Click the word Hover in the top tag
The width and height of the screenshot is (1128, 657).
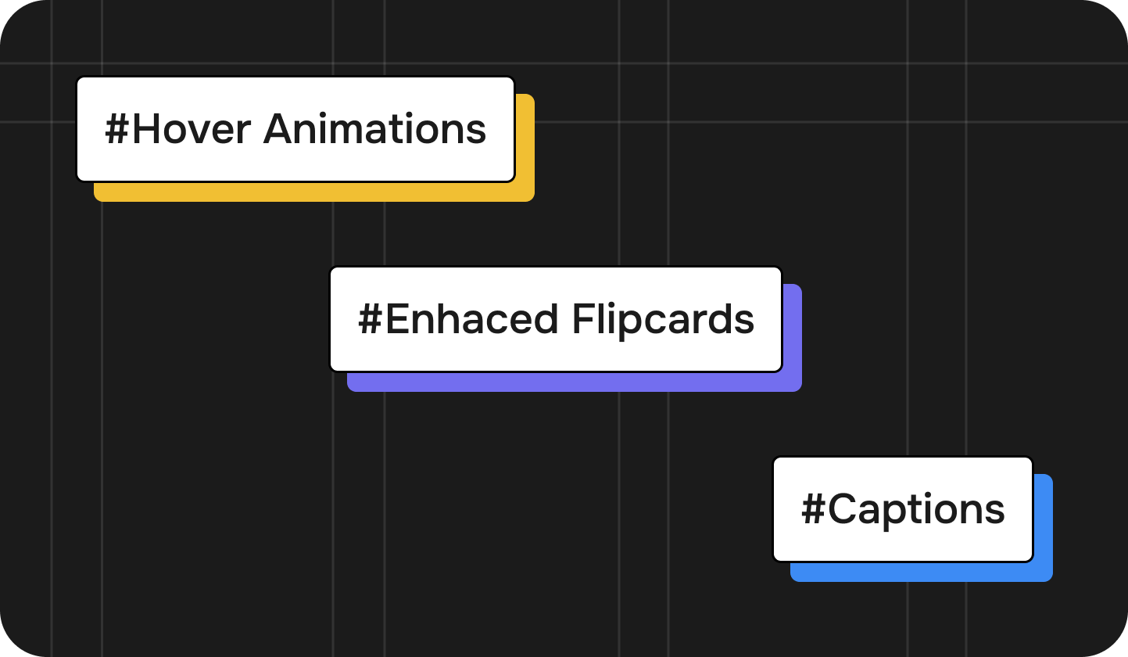coord(192,130)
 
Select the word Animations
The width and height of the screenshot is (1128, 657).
coord(374,129)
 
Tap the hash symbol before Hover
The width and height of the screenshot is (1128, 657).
coord(117,130)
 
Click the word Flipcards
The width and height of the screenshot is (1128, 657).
coord(663,321)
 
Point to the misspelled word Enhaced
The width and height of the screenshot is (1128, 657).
coord(472,319)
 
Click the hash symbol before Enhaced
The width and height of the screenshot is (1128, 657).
coord(371,319)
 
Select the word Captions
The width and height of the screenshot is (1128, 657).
coord(916,510)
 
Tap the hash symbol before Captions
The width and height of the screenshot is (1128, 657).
coord(814,509)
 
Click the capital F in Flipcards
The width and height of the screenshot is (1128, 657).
coord(583,319)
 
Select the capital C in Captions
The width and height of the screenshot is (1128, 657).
coord(843,509)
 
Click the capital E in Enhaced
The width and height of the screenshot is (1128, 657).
coord(397,319)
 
